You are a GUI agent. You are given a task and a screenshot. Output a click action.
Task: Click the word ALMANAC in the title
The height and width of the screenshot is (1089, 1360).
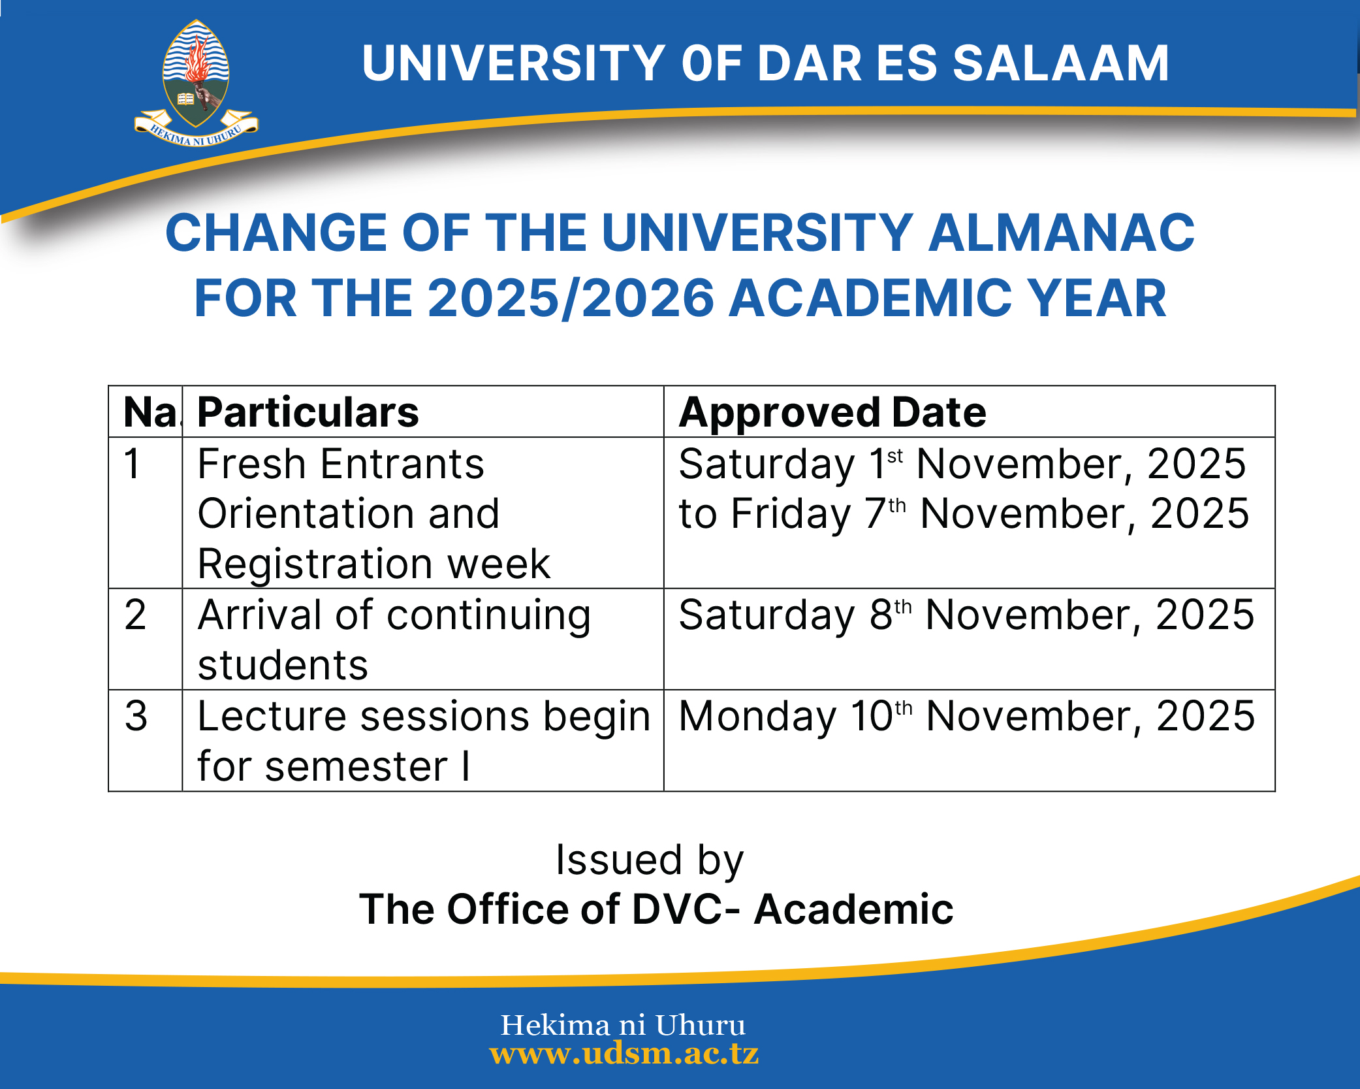[1061, 233]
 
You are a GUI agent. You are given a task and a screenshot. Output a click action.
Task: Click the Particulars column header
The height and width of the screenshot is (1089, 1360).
[308, 412]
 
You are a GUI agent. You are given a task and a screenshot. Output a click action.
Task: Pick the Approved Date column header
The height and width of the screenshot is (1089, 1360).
[832, 412]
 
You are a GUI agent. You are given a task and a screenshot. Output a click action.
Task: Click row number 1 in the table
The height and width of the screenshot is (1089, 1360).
[133, 464]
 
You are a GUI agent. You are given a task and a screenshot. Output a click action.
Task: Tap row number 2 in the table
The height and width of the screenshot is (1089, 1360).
[135, 615]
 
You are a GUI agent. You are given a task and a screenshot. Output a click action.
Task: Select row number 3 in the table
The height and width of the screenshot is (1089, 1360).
[136, 716]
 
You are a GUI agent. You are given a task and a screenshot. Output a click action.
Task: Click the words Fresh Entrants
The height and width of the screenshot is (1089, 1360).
[340, 464]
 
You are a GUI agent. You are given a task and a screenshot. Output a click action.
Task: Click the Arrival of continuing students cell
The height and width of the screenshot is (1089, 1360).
[394, 640]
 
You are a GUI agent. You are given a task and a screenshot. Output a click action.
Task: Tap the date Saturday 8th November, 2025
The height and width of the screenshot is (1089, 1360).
[966, 615]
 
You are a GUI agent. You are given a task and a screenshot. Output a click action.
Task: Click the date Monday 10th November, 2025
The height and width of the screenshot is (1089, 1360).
[966, 716]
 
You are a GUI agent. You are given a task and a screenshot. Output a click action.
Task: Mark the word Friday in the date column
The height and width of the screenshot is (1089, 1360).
[791, 514]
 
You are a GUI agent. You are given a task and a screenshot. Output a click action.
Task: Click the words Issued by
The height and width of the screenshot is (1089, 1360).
[649, 860]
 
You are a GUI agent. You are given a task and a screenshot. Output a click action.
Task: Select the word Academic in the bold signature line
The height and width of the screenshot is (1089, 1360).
[853, 909]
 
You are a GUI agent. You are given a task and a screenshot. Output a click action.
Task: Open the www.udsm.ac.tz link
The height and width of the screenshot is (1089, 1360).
[624, 1053]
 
